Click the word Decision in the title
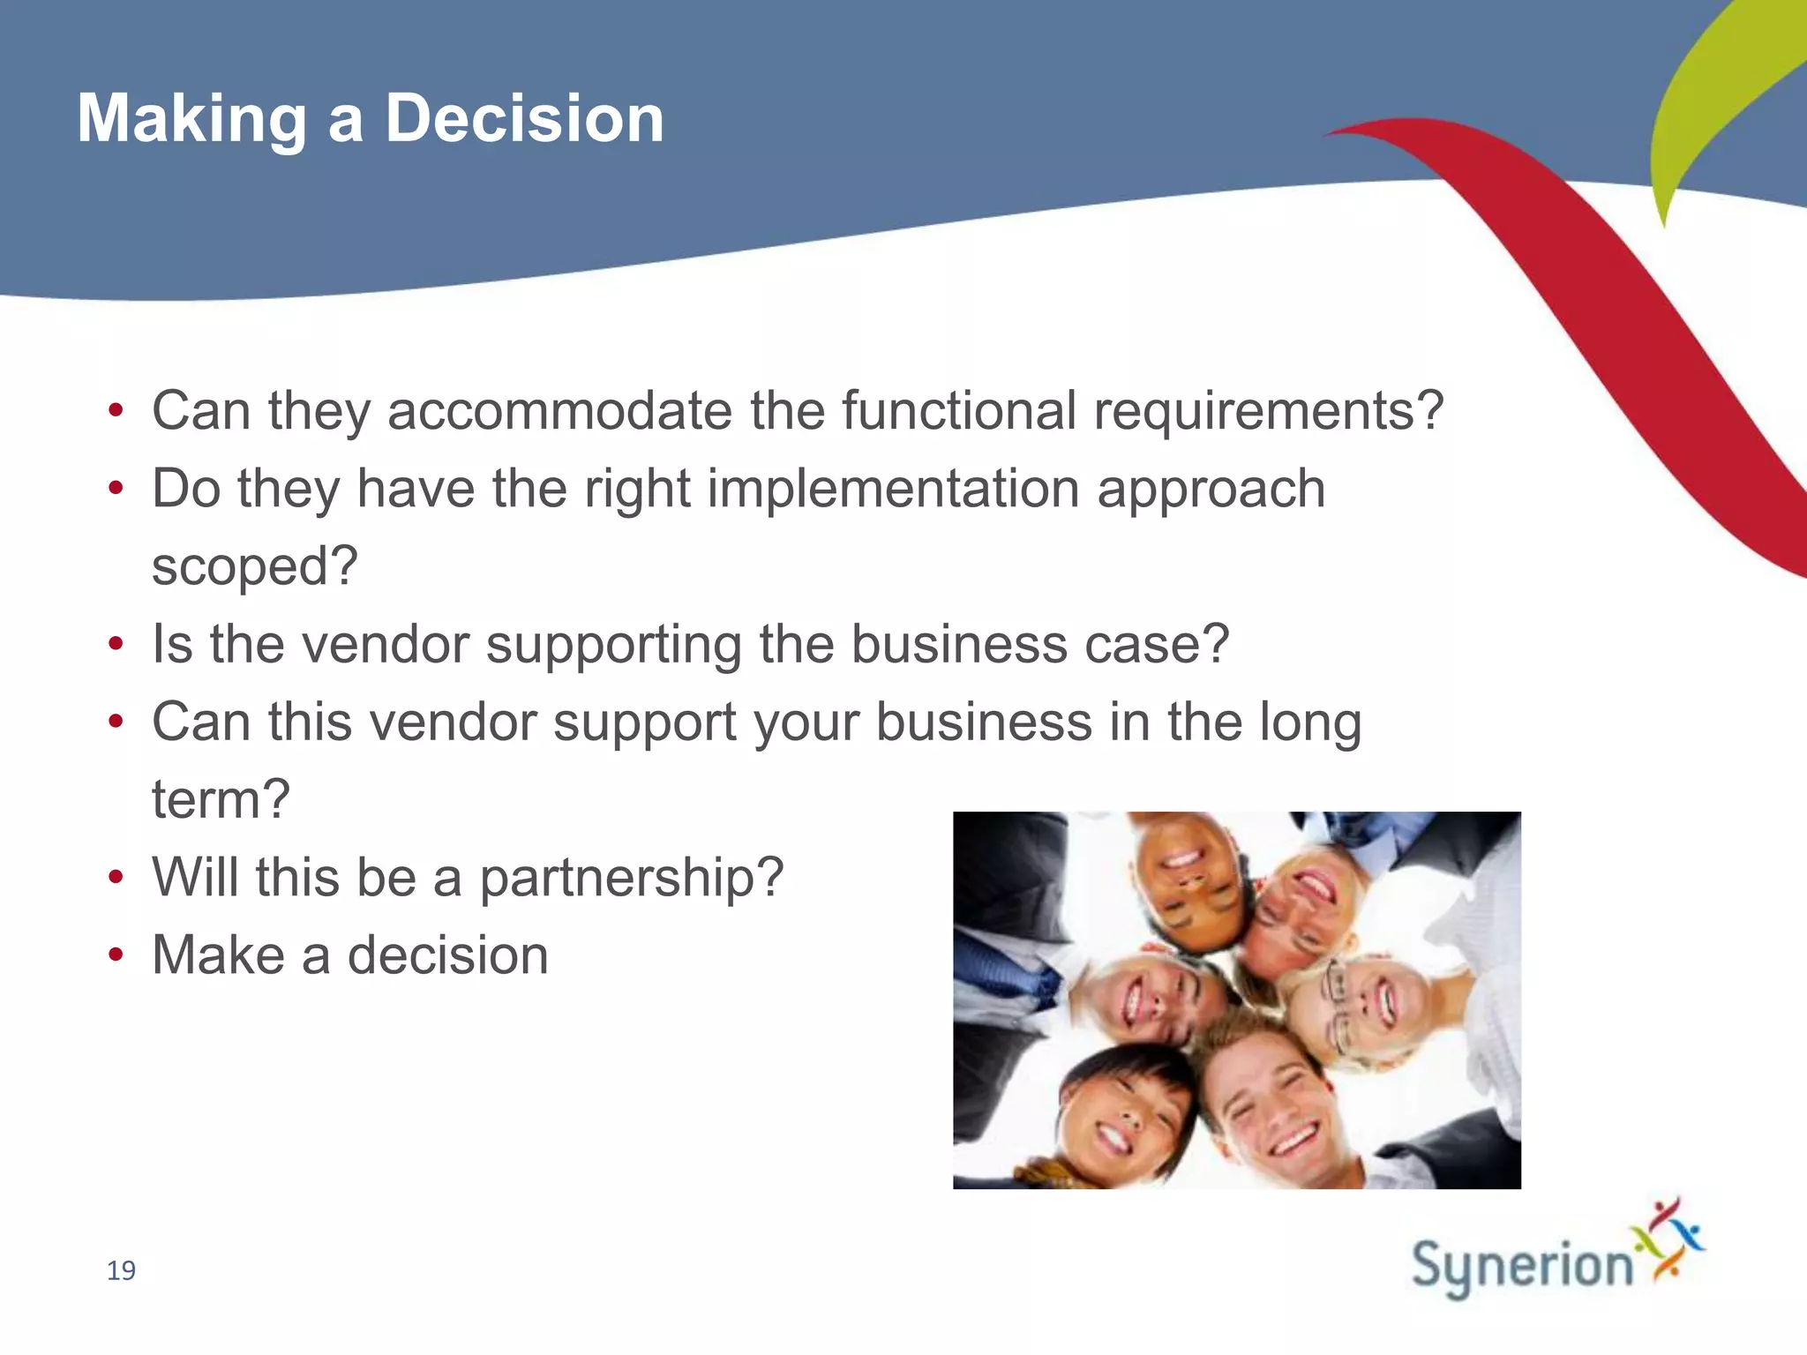(524, 118)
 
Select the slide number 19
(121, 1270)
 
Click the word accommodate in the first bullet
(559, 411)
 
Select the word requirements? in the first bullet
(1268, 413)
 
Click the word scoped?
(255, 567)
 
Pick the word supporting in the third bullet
(613, 646)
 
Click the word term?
(221, 799)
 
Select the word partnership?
(631, 879)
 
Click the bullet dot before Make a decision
(116, 955)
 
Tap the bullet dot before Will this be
(116, 878)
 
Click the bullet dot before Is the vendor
(116, 644)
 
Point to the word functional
(958, 411)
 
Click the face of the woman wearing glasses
(1363, 1006)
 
